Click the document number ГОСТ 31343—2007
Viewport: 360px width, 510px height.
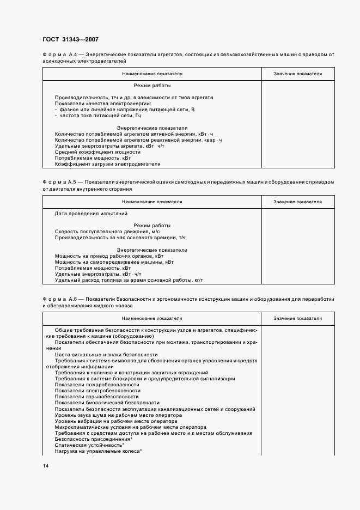point(70,39)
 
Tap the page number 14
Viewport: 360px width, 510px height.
point(46,466)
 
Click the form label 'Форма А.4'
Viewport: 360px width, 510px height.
point(62,55)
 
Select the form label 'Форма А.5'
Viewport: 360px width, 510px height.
point(62,182)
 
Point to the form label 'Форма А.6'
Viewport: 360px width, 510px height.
point(62,299)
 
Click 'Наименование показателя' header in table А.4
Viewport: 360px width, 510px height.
point(152,74)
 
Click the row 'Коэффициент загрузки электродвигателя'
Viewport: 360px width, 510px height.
point(107,163)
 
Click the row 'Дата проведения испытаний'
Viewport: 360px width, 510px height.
point(91,214)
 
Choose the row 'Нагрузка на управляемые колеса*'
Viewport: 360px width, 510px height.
point(99,451)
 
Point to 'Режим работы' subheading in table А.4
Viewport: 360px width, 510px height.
point(152,86)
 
